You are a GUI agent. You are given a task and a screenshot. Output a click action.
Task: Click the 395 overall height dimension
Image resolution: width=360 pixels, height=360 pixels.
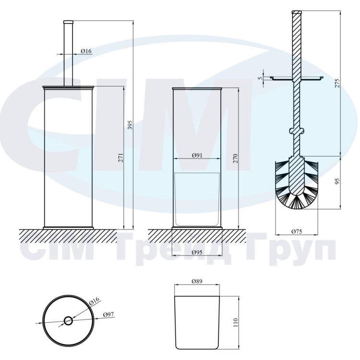130,125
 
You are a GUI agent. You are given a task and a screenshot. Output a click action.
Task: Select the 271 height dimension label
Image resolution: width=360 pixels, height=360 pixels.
121,158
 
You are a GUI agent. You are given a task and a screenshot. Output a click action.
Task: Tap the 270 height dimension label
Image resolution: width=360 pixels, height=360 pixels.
236,158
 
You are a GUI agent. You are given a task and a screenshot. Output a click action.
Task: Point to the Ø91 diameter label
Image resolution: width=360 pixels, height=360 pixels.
197,156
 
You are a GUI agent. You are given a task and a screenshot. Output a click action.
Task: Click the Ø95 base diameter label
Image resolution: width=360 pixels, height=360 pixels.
197,252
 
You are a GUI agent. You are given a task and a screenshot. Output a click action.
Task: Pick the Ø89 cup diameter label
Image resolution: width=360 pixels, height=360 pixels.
197,281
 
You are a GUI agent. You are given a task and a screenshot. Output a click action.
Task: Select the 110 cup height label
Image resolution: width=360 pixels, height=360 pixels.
236,323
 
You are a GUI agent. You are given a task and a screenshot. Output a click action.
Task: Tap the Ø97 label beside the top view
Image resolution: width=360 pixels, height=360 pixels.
108,314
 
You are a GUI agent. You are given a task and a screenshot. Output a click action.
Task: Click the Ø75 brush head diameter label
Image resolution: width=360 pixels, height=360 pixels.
297,231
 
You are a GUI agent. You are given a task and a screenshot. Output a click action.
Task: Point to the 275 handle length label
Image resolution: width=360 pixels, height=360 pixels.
337,83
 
